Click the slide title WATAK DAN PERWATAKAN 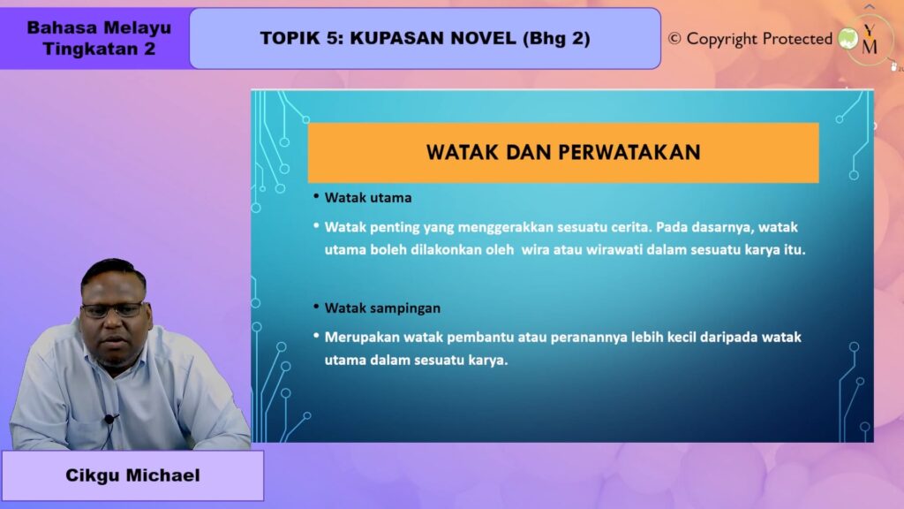click(x=563, y=152)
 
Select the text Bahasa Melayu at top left click(x=99, y=27)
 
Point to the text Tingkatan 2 click(x=99, y=49)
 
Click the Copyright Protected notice click(x=750, y=39)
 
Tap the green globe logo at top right click(x=848, y=39)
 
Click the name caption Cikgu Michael click(x=132, y=475)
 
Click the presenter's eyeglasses click(x=114, y=310)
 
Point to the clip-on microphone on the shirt click(x=109, y=419)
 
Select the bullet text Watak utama click(x=368, y=198)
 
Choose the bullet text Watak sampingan click(x=382, y=308)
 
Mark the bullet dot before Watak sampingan click(x=316, y=307)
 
